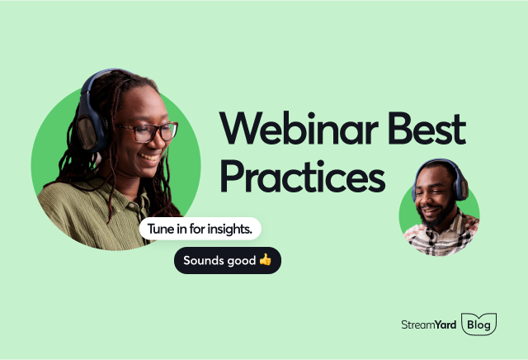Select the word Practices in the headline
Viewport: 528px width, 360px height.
coord(302,177)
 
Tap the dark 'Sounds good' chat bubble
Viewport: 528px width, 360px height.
coord(227,260)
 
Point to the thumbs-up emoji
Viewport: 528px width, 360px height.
coord(265,260)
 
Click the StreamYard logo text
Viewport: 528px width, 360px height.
coord(426,325)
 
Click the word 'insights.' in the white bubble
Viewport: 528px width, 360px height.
coord(237,228)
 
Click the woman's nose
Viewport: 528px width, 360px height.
coord(162,140)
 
